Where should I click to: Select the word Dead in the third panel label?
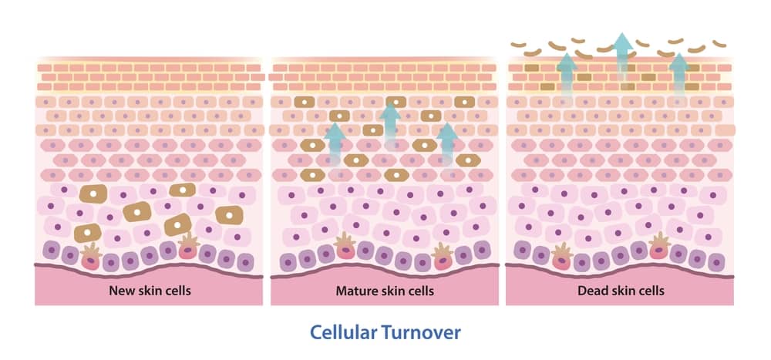click(590, 291)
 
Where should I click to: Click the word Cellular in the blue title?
click(343, 332)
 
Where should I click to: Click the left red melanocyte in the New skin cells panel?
click(91, 257)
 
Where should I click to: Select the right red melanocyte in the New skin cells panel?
click(188, 246)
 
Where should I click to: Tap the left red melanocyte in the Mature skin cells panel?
click(345, 246)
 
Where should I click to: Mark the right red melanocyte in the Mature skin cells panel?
click(442, 257)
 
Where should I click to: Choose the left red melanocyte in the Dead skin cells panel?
click(562, 256)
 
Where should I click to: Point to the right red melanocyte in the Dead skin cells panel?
click(659, 245)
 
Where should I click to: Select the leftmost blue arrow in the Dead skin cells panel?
click(567, 77)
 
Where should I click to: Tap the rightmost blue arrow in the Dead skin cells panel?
click(679, 77)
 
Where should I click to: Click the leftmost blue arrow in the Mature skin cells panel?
click(335, 145)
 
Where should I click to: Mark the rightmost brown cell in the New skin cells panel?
click(230, 215)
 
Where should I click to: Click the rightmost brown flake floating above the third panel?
click(719, 44)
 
